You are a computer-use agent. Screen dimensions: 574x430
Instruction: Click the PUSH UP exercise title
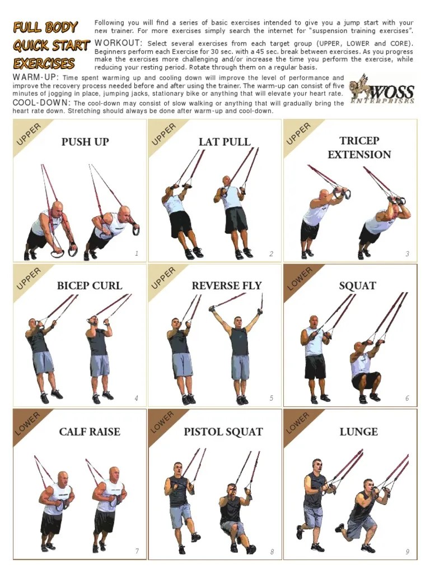tap(85, 142)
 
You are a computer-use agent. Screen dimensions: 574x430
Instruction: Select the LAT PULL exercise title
tap(225, 142)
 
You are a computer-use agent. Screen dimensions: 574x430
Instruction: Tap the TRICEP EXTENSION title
tap(359, 147)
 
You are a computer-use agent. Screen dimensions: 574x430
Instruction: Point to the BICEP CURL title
tap(90, 286)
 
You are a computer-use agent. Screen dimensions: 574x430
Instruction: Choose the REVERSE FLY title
tap(226, 286)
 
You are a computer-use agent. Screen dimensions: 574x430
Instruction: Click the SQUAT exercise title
tap(357, 286)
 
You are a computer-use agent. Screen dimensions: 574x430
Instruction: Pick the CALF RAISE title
tap(90, 432)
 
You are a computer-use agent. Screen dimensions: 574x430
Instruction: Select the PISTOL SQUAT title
tap(223, 432)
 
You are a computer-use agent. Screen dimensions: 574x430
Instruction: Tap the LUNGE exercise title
tap(358, 432)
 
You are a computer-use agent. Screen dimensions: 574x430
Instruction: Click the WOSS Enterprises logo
tap(382, 90)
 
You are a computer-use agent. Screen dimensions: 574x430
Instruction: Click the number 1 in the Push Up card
tap(137, 254)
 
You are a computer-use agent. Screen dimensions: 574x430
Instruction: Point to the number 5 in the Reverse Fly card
tap(272, 399)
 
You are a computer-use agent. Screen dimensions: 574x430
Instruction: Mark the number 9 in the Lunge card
tap(408, 552)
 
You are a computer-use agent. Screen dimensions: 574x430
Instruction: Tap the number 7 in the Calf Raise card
tap(137, 551)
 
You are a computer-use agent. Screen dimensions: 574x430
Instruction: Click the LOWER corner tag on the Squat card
tap(300, 279)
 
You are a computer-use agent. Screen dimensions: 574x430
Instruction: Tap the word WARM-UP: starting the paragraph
tap(36, 77)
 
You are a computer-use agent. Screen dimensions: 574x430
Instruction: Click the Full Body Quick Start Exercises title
tap(50, 45)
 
